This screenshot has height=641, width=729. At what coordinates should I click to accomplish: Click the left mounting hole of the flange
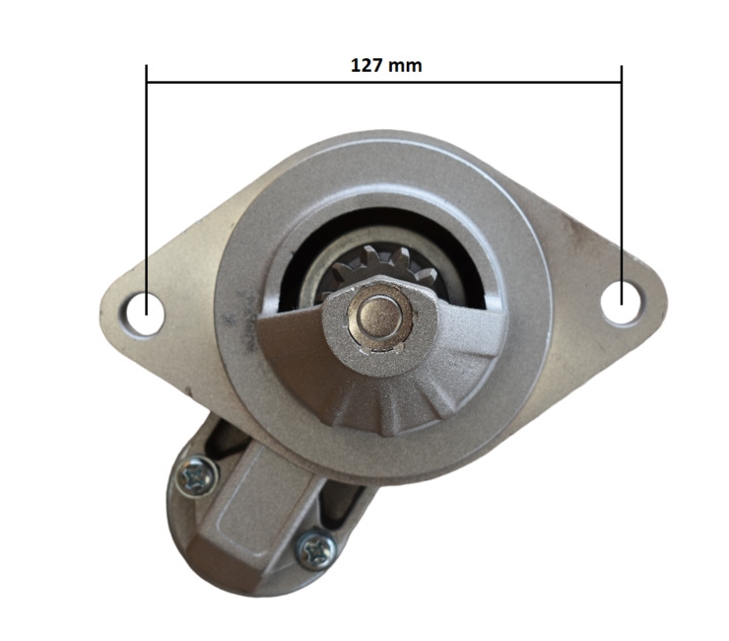click(145, 312)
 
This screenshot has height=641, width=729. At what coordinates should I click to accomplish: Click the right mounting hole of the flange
click(622, 301)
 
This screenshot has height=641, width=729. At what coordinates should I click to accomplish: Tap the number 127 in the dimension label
click(365, 66)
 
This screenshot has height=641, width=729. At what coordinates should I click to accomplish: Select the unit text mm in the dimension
click(405, 67)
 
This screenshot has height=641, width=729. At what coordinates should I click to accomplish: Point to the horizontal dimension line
click(384, 83)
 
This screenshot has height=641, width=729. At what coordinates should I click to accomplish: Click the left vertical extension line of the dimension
click(147, 190)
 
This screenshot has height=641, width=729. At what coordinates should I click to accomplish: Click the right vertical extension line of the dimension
click(622, 185)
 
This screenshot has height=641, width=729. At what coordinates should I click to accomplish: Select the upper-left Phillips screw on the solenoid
click(197, 476)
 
